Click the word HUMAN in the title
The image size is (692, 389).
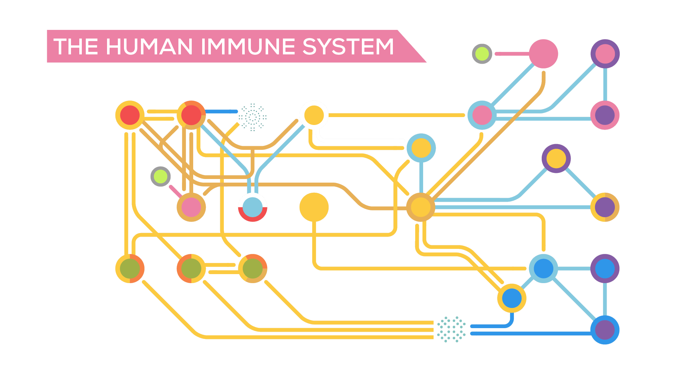(149, 47)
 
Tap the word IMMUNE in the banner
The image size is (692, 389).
(248, 47)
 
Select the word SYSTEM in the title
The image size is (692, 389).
(348, 47)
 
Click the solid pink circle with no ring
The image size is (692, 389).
(544, 54)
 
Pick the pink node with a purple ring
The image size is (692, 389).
(605, 54)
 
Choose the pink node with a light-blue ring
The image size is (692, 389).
(482, 115)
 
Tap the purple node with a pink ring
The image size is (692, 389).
(605, 115)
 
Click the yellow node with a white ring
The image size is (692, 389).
(314, 115)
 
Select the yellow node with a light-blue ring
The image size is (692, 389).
(421, 148)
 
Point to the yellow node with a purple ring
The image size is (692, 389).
(556, 158)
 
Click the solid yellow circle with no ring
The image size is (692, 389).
(314, 207)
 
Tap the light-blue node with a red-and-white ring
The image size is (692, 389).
(253, 207)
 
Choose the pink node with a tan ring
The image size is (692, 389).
(191, 207)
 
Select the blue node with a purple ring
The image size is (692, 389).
(605, 268)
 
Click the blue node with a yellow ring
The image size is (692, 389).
(512, 298)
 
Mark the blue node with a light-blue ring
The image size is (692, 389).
(544, 268)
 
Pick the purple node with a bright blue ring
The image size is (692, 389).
(605, 330)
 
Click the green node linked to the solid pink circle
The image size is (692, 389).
(482, 54)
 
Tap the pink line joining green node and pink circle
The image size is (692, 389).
(512, 54)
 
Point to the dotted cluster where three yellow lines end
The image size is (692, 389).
(451, 329)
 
